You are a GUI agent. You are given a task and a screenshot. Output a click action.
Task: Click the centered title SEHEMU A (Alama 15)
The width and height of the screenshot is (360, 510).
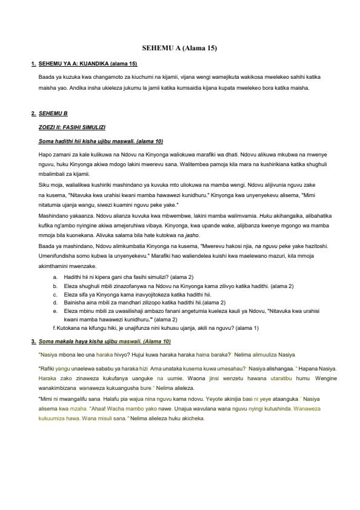(179, 47)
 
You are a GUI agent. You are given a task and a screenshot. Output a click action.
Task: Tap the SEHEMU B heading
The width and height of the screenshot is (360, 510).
(53, 113)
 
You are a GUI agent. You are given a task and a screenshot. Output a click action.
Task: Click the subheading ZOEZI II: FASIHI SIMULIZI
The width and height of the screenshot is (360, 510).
(72, 127)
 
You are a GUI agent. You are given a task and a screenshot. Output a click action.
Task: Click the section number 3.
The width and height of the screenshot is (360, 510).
(33, 341)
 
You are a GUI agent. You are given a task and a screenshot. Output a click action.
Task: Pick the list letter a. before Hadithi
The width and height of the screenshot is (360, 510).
(55, 277)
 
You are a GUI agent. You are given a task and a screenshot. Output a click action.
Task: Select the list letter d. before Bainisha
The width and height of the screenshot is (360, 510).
(55, 302)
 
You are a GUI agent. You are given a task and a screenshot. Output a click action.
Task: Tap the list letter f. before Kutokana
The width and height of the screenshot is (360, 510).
(55, 328)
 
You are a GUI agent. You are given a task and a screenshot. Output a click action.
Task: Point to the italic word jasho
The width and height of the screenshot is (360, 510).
(192, 235)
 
